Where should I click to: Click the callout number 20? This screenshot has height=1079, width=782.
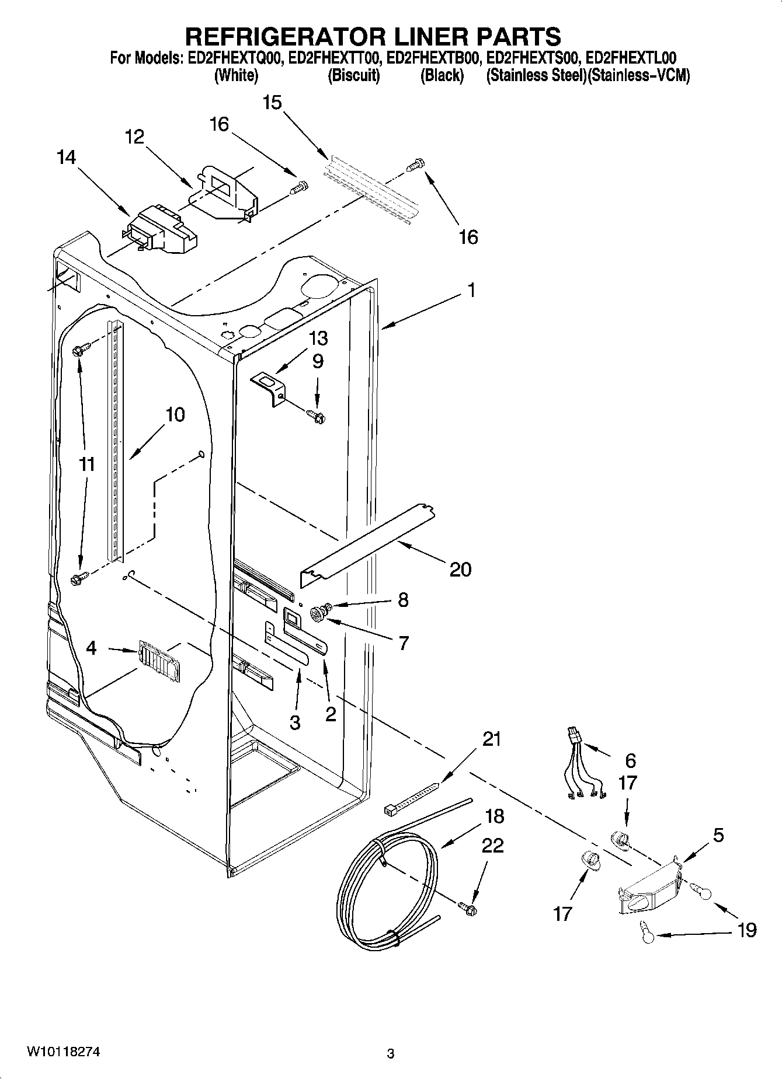460,569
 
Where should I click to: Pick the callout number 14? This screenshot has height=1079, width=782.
67,158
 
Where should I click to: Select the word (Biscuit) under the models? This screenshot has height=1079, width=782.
354,76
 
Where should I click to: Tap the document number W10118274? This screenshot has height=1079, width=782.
63,1052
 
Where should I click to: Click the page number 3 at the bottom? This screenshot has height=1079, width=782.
391,1054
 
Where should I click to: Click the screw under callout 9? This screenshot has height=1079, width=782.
316,416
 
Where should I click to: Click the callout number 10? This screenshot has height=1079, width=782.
175,415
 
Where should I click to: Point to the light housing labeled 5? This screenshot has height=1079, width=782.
649,886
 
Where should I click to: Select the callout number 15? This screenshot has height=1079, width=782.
272,103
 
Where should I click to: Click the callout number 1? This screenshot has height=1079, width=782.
471,290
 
